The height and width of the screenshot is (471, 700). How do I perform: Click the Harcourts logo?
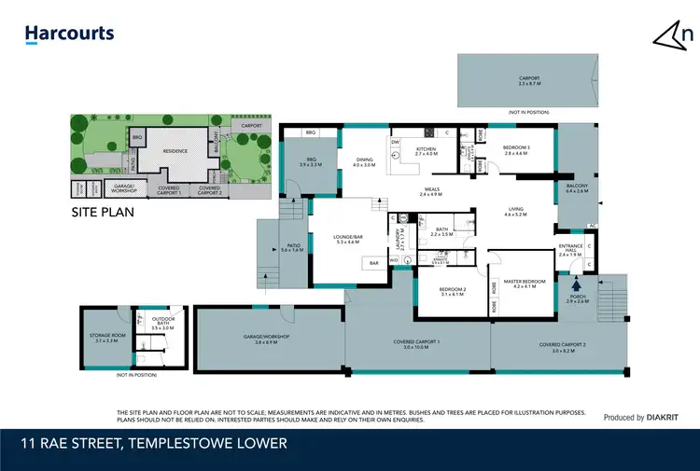tap(70, 35)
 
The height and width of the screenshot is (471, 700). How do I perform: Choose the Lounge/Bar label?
tap(347, 238)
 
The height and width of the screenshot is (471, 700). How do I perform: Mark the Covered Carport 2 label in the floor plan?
tap(563, 346)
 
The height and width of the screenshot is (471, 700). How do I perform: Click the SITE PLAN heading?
tap(104, 212)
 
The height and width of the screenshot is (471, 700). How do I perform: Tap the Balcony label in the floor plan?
tap(577, 187)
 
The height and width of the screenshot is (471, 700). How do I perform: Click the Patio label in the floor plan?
tap(292, 247)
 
